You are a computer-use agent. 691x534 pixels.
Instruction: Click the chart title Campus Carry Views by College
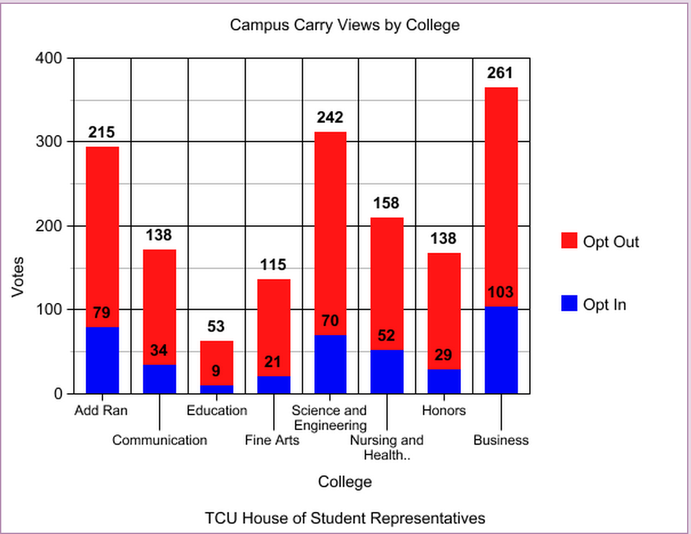[x=345, y=25]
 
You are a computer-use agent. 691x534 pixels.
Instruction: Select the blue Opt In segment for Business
[x=500, y=350]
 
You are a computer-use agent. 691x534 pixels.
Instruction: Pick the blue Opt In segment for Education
[x=216, y=389]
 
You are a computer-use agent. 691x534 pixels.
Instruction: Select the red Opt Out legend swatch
[x=570, y=242]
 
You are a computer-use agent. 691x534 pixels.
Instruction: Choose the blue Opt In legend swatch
[x=570, y=304]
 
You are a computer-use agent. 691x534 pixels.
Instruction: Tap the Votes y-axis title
[x=18, y=277]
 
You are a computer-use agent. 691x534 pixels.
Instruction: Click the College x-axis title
[x=345, y=482]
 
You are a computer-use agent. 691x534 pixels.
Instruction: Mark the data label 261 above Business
[x=500, y=73]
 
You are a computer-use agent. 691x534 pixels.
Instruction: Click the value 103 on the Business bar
[x=500, y=292]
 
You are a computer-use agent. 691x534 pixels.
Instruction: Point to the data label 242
[x=330, y=118]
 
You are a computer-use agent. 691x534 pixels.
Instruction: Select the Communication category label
[x=159, y=440]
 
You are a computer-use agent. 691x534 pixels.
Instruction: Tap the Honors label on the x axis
[x=443, y=411]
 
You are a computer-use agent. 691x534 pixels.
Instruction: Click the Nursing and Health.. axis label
[x=387, y=447]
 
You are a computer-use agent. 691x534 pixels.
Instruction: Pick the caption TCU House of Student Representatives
[x=345, y=518]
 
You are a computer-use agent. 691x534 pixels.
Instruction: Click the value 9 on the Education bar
[x=216, y=371]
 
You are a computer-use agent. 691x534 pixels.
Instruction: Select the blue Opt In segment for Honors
[x=444, y=381]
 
